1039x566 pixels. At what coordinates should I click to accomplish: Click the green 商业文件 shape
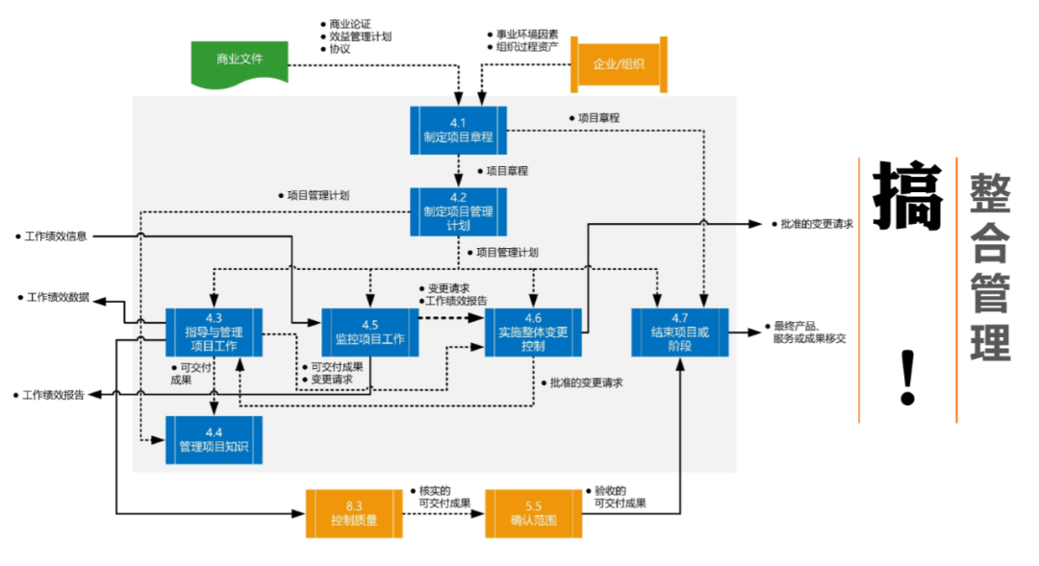(240, 61)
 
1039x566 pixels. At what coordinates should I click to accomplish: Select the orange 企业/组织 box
(619, 64)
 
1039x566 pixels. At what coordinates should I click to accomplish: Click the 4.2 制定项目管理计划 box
(458, 211)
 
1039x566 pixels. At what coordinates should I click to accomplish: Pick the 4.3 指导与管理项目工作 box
(214, 332)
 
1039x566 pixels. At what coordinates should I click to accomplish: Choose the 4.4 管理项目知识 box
(214, 439)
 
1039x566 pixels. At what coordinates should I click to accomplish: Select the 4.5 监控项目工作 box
(370, 332)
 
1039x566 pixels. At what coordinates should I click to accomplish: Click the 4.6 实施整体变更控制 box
(533, 332)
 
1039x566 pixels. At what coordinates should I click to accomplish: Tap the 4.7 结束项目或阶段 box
(679, 332)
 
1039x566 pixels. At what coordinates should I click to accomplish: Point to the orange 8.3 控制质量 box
(354, 513)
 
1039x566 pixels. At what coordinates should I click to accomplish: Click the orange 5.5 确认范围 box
(533, 513)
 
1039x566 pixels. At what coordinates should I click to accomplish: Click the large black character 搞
(905, 197)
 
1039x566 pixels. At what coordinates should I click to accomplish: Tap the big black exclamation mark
(906, 377)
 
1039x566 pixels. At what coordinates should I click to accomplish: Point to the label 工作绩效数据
(60, 298)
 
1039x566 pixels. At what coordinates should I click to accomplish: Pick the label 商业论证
(349, 23)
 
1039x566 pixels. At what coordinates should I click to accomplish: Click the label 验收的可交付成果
(620, 497)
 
